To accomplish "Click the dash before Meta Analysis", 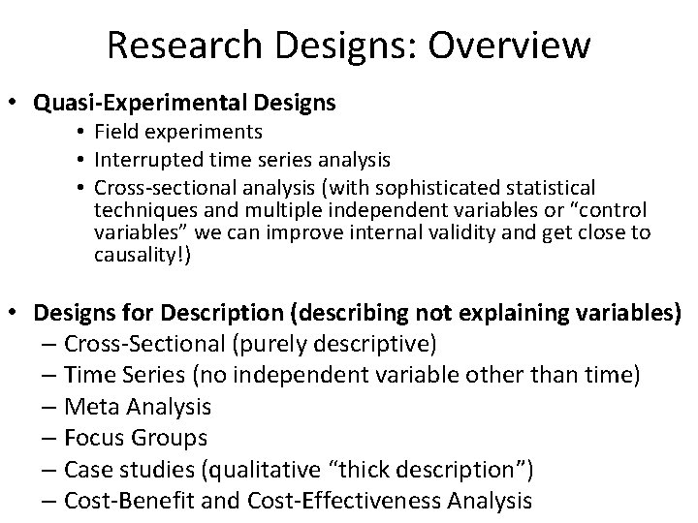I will (x=49, y=406).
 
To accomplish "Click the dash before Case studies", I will (x=49, y=469).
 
